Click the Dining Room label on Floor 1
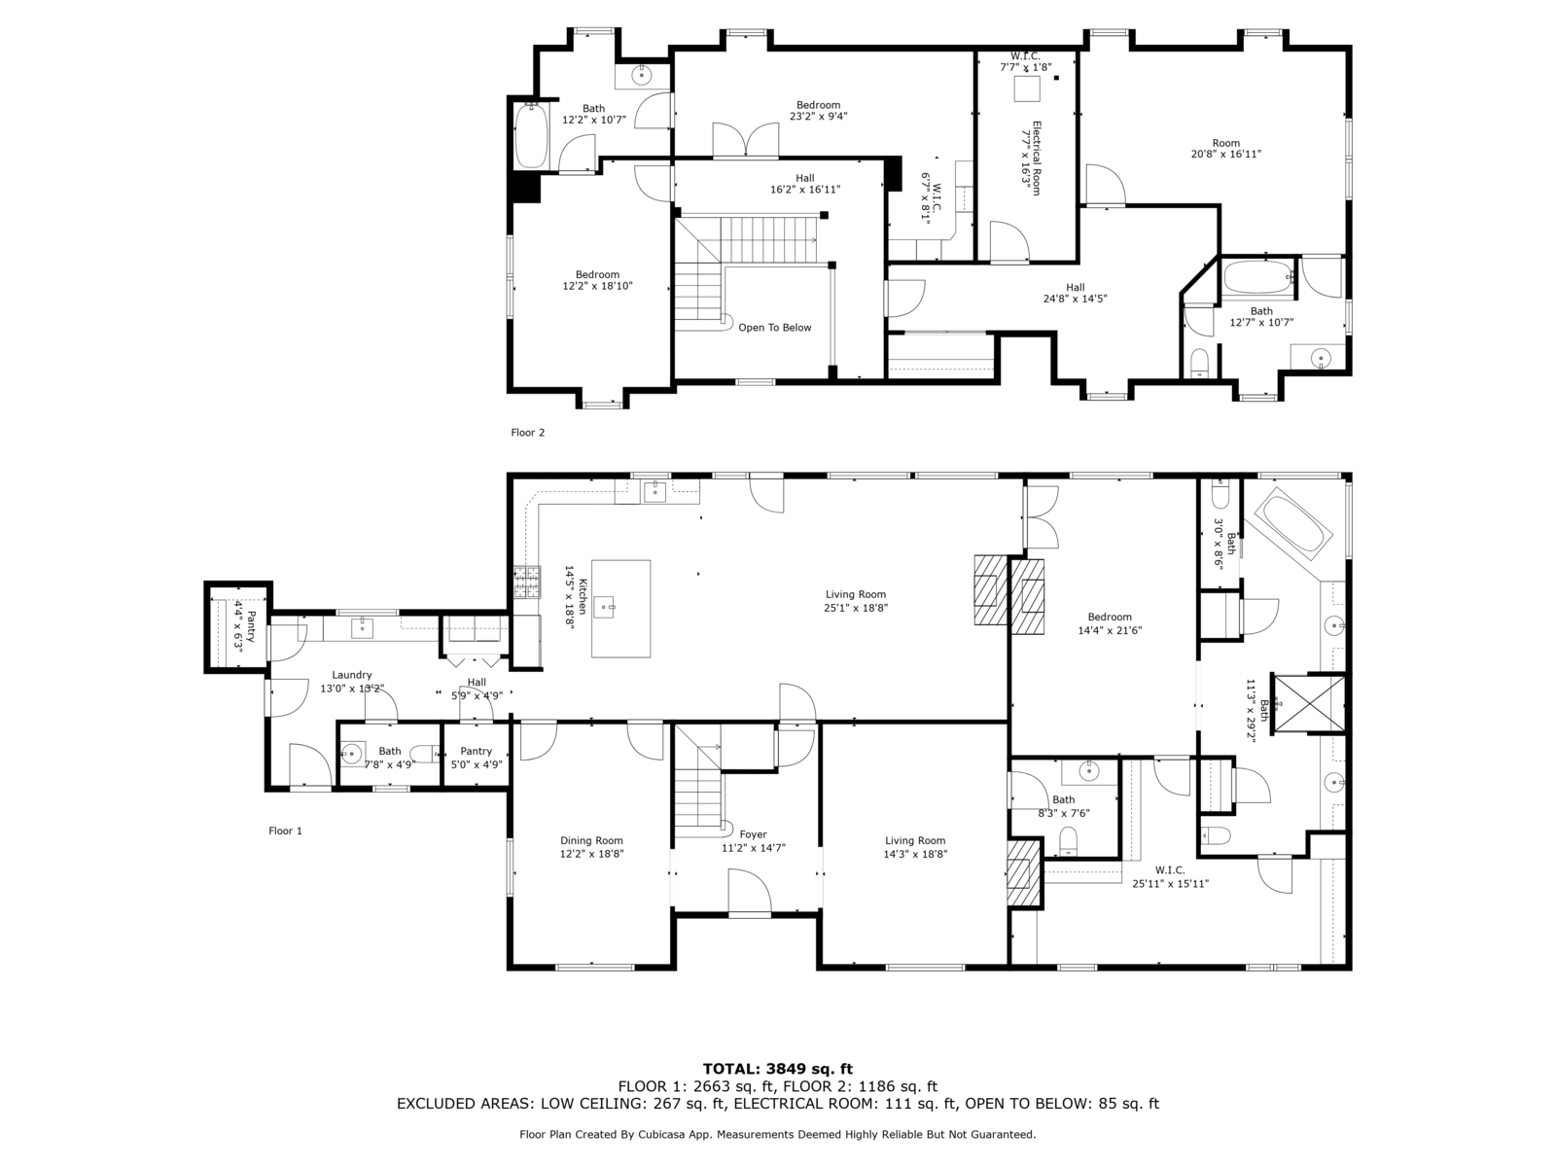pos(591,840)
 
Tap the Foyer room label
pos(753,834)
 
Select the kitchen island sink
pos(604,607)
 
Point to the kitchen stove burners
pos(527,582)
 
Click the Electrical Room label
pos(1036,158)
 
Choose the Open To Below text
pos(775,328)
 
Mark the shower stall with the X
pos(1309,703)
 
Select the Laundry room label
pos(352,675)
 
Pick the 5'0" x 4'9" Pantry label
pos(476,751)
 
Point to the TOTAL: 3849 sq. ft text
pos(778,1069)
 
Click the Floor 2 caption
pos(527,432)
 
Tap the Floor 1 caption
pos(285,831)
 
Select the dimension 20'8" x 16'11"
pos(1225,154)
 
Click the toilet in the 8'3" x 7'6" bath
pos(1068,841)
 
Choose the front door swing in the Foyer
pos(749,892)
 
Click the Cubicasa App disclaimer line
pos(778,1134)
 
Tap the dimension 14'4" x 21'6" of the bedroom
pos(1110,630)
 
